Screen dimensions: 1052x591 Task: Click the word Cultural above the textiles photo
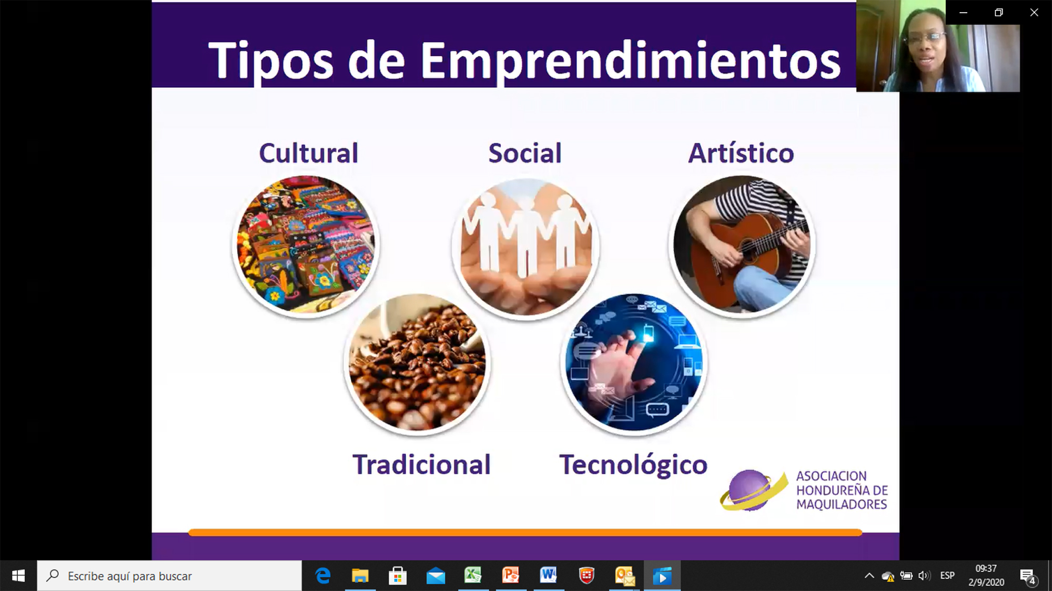pos(308,153)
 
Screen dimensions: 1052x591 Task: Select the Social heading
pos(525,153)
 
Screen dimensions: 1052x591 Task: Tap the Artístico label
pos(741,153)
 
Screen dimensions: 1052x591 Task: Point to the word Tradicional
pos(421,465)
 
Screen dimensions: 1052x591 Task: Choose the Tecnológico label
pos(633,465)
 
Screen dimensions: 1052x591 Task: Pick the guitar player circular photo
pos(742,245)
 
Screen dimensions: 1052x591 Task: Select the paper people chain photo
pos(525,247)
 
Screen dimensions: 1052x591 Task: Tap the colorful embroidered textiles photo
pos(306,245)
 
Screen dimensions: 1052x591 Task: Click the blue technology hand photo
pos(634,363)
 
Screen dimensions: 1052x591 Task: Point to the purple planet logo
pos(753,491)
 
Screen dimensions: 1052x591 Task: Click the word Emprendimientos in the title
pos(630,62)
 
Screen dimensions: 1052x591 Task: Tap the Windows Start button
pos(18,576)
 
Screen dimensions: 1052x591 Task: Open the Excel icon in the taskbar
pos(473,576)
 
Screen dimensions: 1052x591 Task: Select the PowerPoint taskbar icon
pos(511,576)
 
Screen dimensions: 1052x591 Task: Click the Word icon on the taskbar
pos(549,576)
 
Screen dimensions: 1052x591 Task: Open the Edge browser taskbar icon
pos(322,576)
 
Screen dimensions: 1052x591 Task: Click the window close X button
pos(1034,12)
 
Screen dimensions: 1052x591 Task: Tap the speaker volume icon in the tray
pos(924,576)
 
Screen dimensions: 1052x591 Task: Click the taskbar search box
pos(169,576)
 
